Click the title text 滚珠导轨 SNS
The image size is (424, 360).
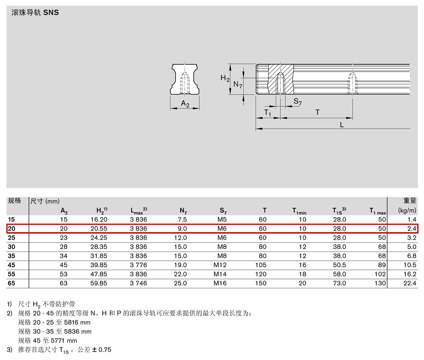click(35, 12)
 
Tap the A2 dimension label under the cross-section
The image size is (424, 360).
click(185, 104)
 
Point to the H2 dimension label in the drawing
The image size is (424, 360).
click(225, 78)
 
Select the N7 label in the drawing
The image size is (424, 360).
click(238, 85)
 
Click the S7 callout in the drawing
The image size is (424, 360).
click(298, 102)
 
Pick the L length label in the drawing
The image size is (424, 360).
click(342, 125)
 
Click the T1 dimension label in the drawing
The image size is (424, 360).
click(268, 112)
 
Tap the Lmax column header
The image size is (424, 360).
click(139, 210)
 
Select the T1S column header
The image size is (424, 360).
click(339, 210)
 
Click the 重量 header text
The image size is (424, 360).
click(410, 201)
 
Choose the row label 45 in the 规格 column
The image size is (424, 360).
click(11, 265)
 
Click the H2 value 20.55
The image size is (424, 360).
click(99, 228)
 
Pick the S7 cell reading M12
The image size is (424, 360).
click(220, 265)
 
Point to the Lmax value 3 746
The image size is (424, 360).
click(139, 283)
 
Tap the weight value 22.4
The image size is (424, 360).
click(410, 283)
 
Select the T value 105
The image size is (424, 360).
click(261, 265)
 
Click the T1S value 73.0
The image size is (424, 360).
click(339, 283)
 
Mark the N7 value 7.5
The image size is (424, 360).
click(182, 219)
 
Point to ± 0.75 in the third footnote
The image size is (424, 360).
click(102, 350)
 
